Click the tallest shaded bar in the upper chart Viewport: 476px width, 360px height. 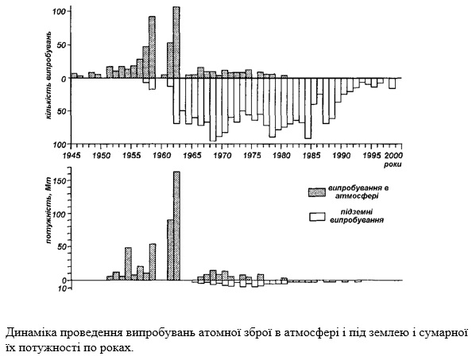click(x=176, y=42)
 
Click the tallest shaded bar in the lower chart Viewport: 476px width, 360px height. click(x=176, y=226)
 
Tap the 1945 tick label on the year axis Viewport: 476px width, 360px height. click(x=72, y=156)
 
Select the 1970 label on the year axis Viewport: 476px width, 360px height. click(x=223, y=156)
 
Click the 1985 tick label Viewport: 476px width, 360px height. click(x=312, y=156)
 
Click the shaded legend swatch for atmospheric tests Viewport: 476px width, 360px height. click(x=317, y=192)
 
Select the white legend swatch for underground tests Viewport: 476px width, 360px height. click(x=317, y=217)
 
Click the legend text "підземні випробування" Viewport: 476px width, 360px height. click(x=357, y=216)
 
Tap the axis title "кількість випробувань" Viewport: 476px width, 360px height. click(x=48, y=75)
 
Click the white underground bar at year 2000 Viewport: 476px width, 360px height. click(x=393, y=83)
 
